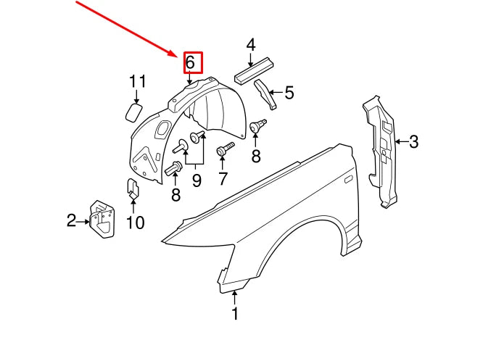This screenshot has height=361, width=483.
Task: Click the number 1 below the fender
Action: coord(234,315)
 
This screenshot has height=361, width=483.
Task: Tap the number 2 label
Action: coord(71,220)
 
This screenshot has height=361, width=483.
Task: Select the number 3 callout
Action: coord(413,141)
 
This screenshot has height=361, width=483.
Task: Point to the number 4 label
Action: coord(250,46)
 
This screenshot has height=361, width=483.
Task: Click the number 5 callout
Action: coord(289,93)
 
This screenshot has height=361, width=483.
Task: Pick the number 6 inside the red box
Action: coord(190,63)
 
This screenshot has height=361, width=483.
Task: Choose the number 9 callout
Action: coord(196,180)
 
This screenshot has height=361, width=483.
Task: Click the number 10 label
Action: coord(136,223)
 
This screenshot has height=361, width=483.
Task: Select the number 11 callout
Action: coord(138,81)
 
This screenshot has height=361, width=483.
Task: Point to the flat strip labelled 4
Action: coord(254,70)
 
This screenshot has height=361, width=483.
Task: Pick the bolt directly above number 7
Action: coord(223,150)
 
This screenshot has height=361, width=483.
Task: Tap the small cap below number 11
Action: coord(133,112)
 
